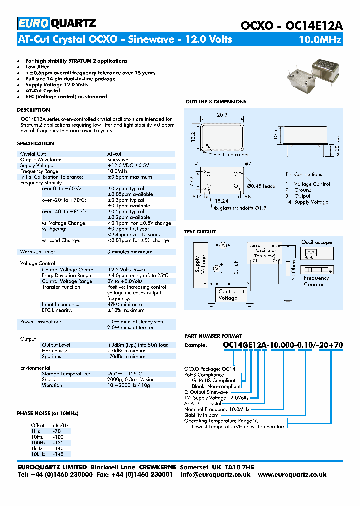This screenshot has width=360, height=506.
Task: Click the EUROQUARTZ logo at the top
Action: click(57, 23)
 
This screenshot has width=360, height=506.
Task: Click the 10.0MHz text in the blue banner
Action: click(320, 40)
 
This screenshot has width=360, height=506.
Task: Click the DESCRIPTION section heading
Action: click(33, 110)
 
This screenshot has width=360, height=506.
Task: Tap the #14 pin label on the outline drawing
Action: click(197, 197)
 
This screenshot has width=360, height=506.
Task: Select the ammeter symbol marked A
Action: click(223, 244)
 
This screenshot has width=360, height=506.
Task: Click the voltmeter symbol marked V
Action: click(217, 268)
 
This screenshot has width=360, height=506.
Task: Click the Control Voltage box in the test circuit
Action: click(228, 295)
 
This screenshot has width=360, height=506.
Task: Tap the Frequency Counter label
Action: click(316, 281)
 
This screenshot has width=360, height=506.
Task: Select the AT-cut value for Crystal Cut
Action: click(114, 154)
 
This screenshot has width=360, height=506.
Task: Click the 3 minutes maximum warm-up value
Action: click(130, 252)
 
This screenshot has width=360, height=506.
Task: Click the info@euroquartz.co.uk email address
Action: click(216, 474)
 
